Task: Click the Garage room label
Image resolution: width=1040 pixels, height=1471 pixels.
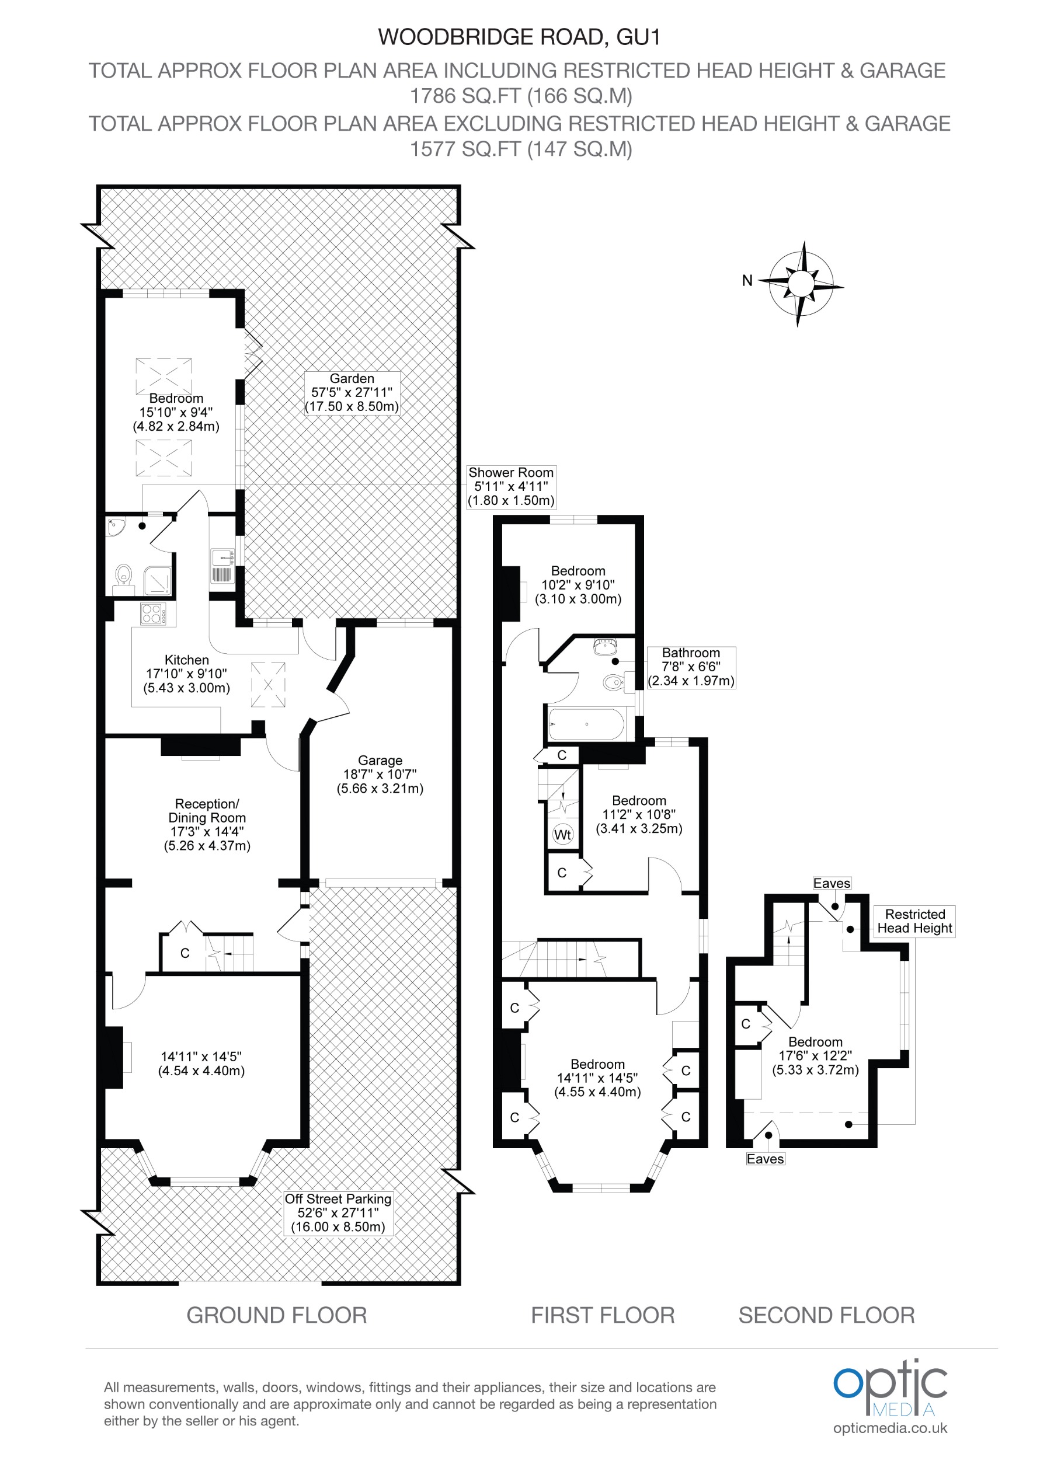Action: coord(380,774)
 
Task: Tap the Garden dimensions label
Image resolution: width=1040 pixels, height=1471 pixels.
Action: coord(352,393)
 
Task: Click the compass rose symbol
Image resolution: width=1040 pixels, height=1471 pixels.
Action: coord(801,284)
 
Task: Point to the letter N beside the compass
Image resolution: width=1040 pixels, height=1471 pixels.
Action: coord(746,281)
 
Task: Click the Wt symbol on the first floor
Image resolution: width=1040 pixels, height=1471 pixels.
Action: coord(562,834)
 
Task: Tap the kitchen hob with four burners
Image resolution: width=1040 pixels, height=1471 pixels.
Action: coord(153,613)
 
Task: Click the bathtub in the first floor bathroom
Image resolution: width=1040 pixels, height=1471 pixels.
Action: coord(586,724)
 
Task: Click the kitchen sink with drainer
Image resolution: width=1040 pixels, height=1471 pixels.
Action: coord(221,566)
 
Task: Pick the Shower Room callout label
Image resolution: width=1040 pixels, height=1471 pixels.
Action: coord(511,486)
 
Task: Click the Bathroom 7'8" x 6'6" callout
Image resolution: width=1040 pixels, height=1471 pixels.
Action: coord(691,667)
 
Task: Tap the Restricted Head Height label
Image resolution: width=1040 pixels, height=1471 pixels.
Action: coord(914,921)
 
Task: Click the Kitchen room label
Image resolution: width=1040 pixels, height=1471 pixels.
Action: coord(186,674)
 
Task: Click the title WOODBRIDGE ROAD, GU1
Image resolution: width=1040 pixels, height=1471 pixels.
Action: coord(519,37)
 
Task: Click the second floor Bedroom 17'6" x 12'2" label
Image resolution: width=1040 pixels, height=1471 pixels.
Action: coord(815,1055)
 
